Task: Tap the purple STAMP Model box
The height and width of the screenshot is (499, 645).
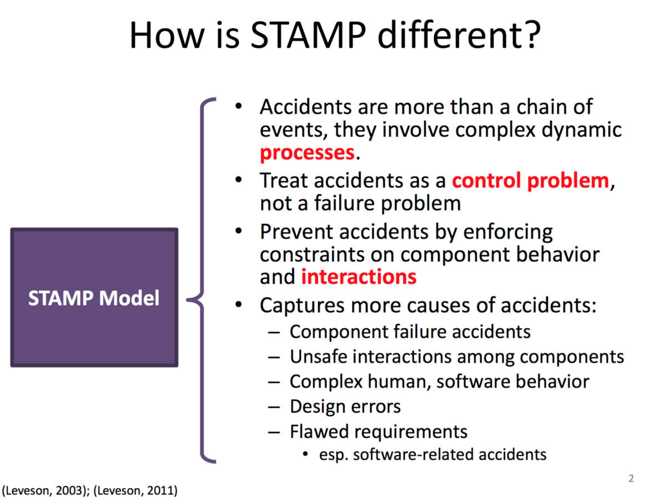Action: pyautogui.click(x=94, y=298)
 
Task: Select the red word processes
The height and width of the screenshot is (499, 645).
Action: pyautogui.click(x=307, y=152)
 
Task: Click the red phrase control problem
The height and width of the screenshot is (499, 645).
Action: pyautogui.click(x=530, y=181)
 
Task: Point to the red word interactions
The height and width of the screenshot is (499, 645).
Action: pyautogui.click(x=358, y=276)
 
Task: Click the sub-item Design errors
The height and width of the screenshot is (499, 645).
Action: pyautogui.click(x=345, y=406)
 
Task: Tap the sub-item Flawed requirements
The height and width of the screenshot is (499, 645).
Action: pyautogui.click(x=378, y=431)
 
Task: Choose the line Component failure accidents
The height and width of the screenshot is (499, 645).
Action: pyautogui.click(x=410, y=332)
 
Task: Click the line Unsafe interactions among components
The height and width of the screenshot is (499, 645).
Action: pyautogui.click(x=456, y=357)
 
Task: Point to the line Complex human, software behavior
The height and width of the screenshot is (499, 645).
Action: pyautogui.click(x=439, y=381)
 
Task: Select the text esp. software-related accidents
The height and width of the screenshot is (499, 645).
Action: pyautogui.click(x=433, y=455)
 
